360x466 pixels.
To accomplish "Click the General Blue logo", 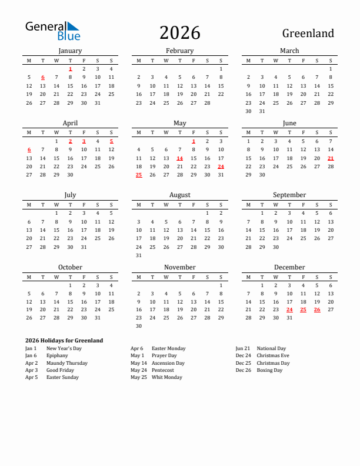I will (x=52, y=31).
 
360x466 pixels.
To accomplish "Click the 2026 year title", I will (x=179, y=33).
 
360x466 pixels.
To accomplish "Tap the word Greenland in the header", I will (x=308, y=34).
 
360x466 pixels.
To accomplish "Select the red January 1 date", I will (x=71, y=69).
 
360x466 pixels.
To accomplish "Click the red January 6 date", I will (x=43, y=77).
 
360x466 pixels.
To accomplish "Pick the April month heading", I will (x=70, y=123).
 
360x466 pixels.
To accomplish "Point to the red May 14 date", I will (x=179, y=158).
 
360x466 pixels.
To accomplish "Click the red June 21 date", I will (x=331, y=158).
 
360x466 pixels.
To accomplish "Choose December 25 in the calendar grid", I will (x=303, y=309).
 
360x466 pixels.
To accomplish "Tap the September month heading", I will (x=289, y=195).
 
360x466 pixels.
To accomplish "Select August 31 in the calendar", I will (x=139, y=255).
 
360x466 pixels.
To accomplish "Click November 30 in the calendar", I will (x=139, y=326).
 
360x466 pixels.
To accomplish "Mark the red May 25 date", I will (x=139, y=175).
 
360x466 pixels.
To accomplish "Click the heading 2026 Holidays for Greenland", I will (x=64, y=340).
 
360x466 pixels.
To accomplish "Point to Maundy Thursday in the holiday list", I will (x=67, y=363).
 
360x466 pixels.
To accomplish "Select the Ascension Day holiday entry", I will (x=168, y=363).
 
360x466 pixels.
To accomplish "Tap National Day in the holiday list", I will (x=271, y=348).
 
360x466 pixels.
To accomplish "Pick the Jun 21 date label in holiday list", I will (x=242, y=348).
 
